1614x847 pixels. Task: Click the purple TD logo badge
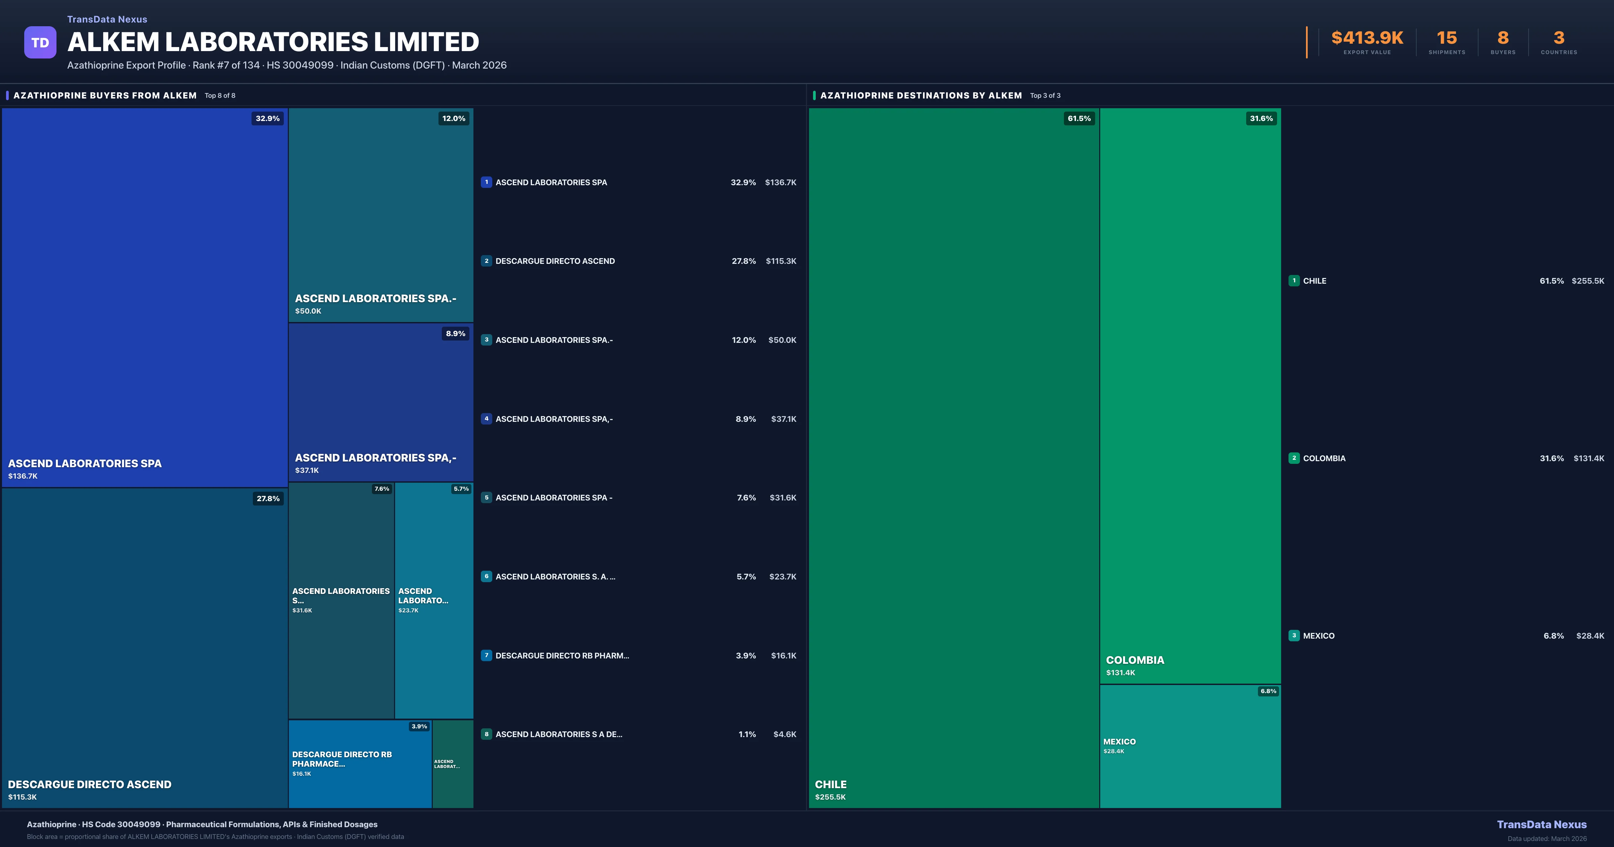click(x=40, y=43)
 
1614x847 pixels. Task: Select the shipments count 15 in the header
click(x=1446, y=38)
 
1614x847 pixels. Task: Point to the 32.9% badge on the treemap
click(x=268, y=118)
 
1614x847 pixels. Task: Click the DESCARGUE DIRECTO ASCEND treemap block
click(x=144, y=645)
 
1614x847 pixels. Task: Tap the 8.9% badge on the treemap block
click(x=456, y=334)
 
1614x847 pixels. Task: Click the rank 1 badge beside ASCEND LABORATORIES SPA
click(x=486, y=182)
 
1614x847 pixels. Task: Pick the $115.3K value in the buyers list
click(x=781, y=261)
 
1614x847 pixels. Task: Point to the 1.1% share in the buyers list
click(x=747, y=734)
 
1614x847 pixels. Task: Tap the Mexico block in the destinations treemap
click(x=1190, y=745)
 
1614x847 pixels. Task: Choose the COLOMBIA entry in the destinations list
click(x=1324, y=458)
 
